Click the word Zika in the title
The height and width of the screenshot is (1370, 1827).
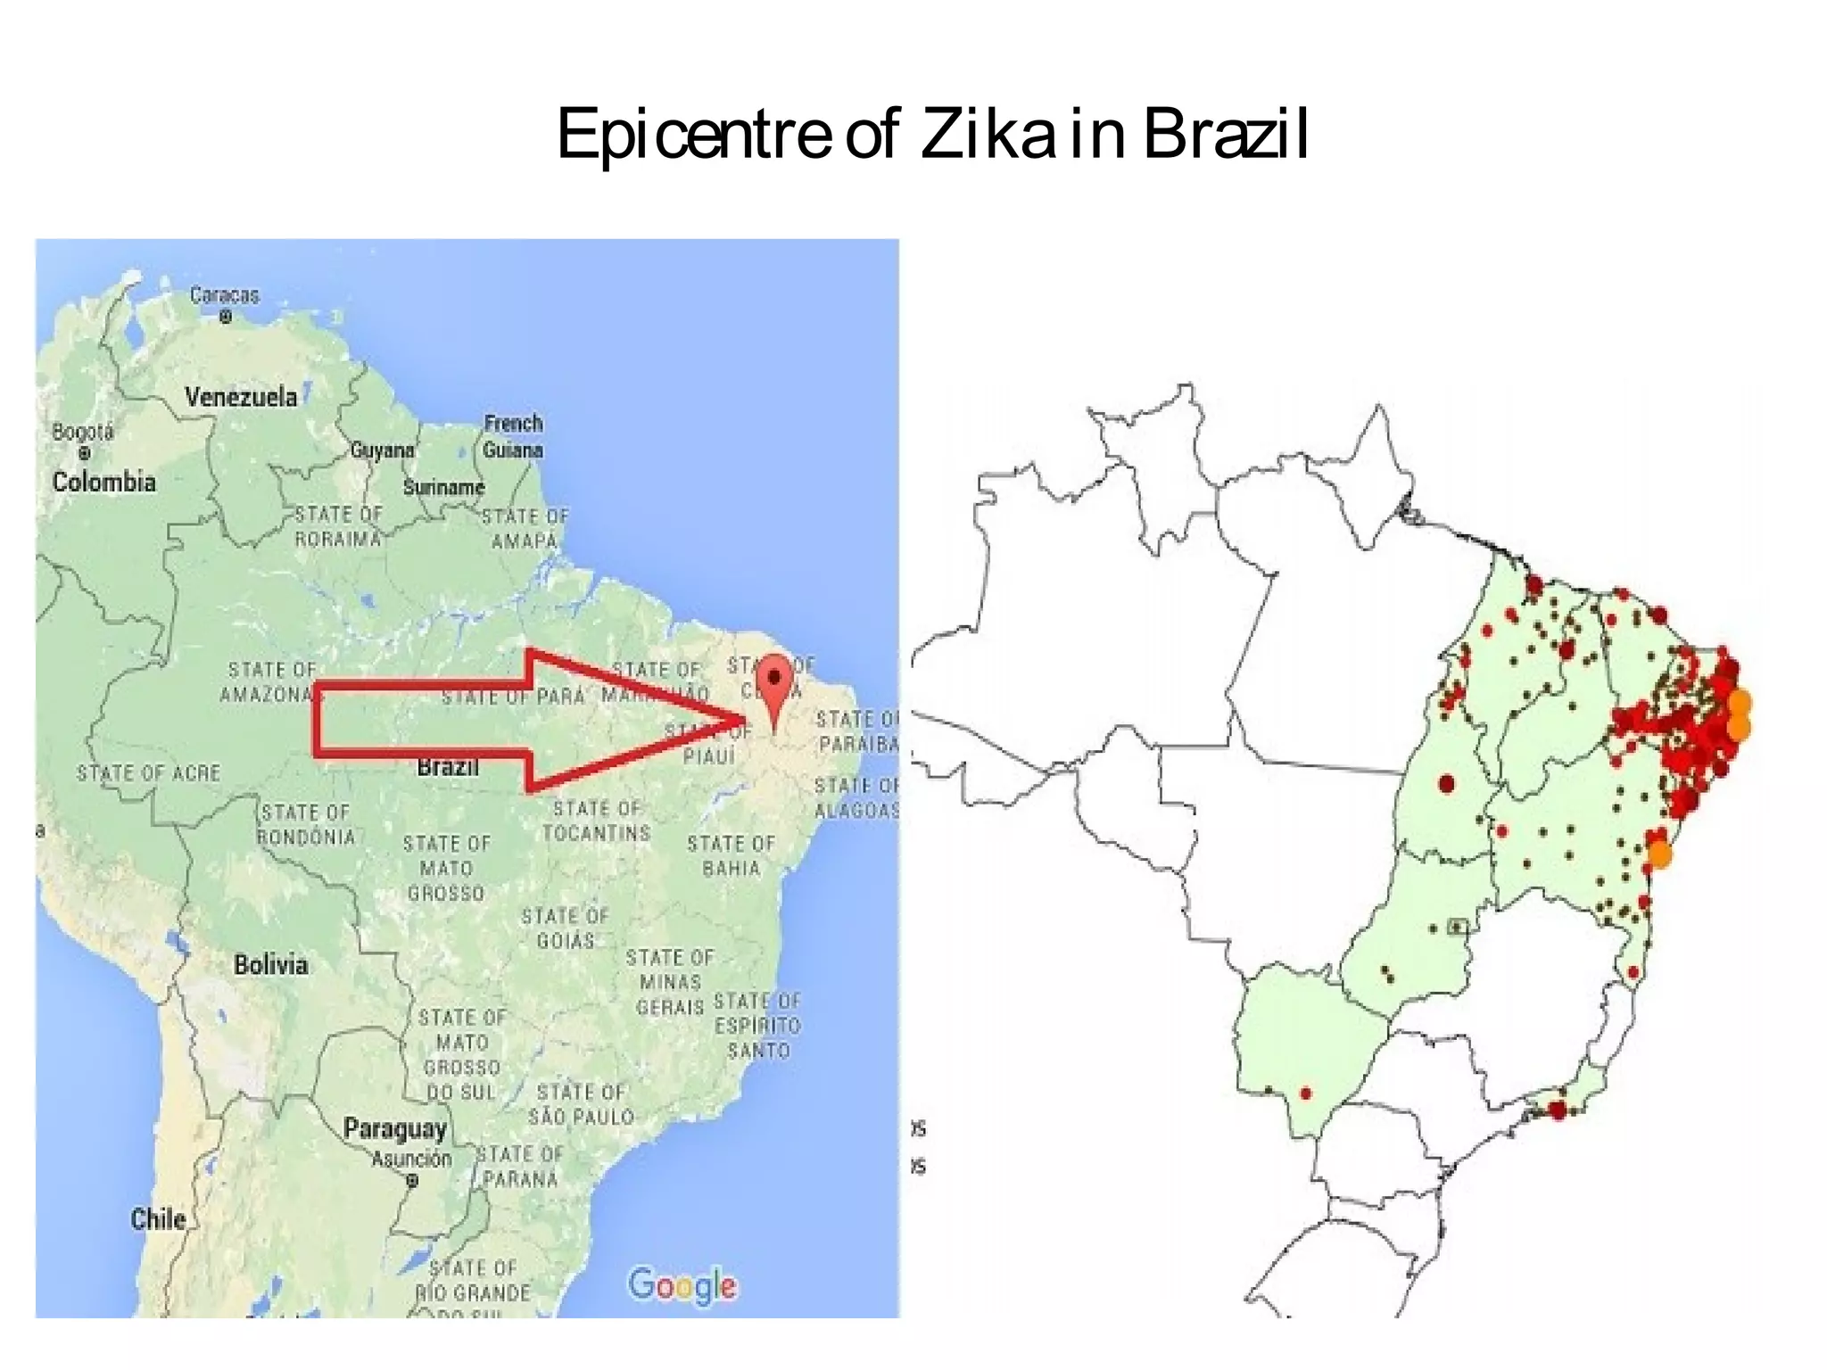pos(987,134)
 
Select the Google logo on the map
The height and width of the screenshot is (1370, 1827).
pos(682,1285)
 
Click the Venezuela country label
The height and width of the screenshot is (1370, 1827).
pos(241,397)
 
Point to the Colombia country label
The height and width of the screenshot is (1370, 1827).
pos(103,483)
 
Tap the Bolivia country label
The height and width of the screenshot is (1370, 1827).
pos(270,964)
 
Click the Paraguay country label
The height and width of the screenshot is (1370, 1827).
pos(394,1128)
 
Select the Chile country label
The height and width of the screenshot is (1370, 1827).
pos(158,1218)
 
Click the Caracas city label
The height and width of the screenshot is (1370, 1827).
pos(224,295)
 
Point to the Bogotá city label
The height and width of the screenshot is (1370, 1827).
pos(83,433)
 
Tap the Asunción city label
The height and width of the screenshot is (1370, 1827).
pos(411,1159)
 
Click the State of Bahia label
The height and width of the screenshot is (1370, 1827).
pos(731,855)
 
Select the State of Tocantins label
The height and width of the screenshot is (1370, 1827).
pos(597,821)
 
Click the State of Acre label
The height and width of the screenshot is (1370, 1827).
pos(148,773)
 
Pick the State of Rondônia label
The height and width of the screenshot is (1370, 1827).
pos(306,824)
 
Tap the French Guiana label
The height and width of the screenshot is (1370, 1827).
pos(513,436)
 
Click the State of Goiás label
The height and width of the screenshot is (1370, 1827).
pos(565,928)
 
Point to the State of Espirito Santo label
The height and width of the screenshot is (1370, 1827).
pos(757,1026)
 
